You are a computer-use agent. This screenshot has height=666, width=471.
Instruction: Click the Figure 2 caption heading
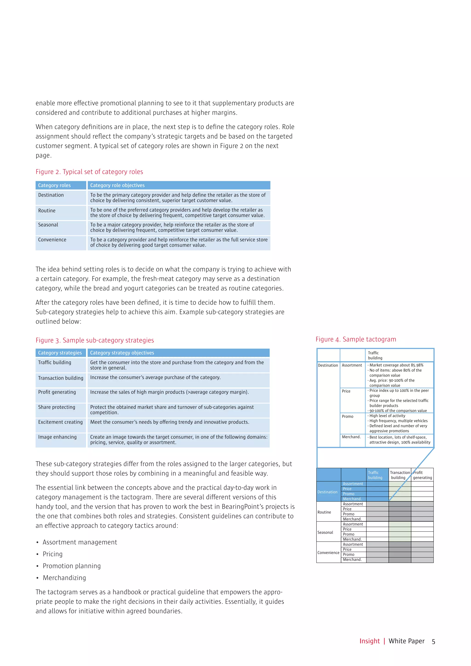point(89,172)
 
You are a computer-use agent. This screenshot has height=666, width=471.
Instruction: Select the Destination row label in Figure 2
point(51,195)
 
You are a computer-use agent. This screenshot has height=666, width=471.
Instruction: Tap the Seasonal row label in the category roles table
point(48,225)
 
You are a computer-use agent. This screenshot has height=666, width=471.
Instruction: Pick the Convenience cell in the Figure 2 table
point(52,240)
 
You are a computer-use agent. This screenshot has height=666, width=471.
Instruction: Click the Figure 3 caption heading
point(95,340)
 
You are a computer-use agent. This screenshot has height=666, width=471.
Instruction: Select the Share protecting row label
point(57,407)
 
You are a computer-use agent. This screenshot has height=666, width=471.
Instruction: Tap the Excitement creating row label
point(60,422)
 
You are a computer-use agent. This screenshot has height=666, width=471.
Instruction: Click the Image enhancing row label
point(57,437)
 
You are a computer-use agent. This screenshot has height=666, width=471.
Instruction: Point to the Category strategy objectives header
point(122,353)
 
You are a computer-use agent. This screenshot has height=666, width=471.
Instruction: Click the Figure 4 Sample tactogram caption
point(356,339)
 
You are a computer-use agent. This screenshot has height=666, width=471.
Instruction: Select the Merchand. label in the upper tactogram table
point(351,437)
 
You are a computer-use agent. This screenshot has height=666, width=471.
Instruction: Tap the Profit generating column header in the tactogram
point(422,475)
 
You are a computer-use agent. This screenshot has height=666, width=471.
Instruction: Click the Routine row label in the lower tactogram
point(324,512)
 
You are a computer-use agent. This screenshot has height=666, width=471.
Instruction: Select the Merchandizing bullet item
point(64,578)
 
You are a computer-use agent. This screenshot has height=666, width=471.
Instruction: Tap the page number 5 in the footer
point(433,641)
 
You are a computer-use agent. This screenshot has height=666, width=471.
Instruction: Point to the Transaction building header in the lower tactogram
point(400,475)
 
